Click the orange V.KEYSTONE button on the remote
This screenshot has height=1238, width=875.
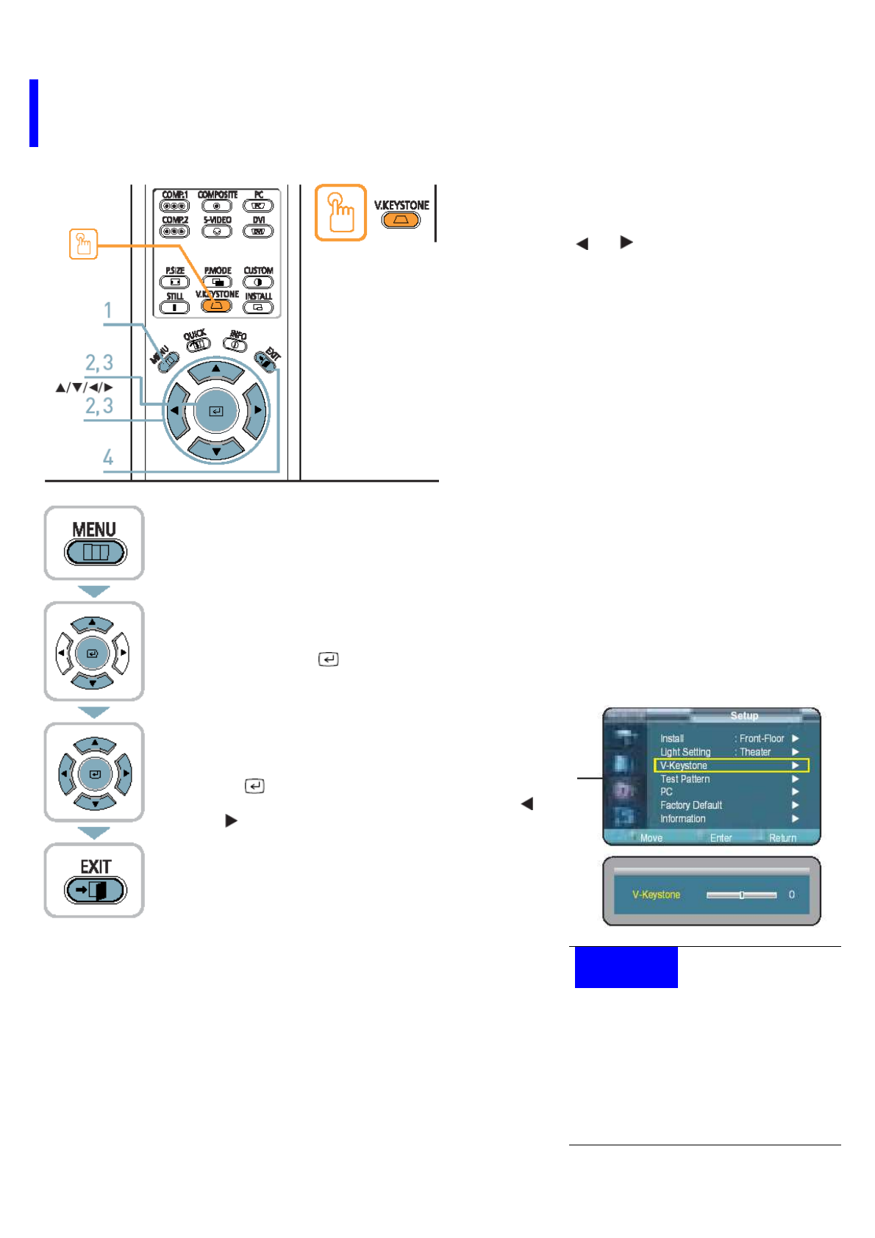(216, 305)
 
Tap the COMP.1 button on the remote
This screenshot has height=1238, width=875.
(174, 206)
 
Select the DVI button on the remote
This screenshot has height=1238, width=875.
(258, 231)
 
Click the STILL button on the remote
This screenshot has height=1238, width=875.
(174, 307)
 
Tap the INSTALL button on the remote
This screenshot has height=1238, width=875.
(258, 307)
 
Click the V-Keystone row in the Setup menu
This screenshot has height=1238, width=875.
(730, 765)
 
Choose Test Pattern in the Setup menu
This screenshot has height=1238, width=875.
(685, 779)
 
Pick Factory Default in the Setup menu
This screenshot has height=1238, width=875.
(690, 805)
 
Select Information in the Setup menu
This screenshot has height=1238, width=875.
(682, 818)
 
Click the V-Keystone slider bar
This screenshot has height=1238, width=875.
(741, 895)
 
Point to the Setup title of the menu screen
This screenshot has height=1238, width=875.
(744, 715)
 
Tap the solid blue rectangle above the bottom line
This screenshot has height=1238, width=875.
(626, 967)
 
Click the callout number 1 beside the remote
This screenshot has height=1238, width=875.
(108, 310)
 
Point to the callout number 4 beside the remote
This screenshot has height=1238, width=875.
(108, 457)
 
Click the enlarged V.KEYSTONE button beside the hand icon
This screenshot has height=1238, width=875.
(401, 219)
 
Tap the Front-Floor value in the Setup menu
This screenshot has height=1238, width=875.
(762, 738)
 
